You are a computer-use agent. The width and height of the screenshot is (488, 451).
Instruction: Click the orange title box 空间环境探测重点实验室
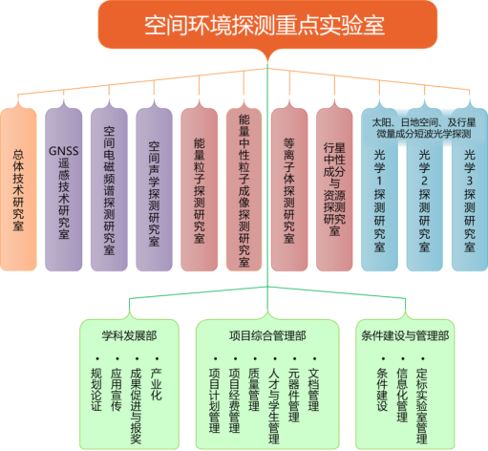point(267,25)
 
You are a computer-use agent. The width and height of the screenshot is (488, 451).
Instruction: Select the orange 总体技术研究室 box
point(18,189)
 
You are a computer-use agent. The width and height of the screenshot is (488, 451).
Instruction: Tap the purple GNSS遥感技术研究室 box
point(63,189)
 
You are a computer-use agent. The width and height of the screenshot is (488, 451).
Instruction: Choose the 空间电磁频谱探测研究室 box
point(109,189)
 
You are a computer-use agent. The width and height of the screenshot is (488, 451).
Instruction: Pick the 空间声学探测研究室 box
point(154,189)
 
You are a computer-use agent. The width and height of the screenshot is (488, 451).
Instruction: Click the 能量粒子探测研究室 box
point(200,189)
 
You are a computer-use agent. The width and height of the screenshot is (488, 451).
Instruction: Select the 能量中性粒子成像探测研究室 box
point(244,189)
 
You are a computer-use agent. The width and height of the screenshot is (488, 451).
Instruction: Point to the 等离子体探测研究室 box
point(289,189)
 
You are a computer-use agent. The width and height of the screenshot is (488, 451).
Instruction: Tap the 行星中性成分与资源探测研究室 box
point(334,189)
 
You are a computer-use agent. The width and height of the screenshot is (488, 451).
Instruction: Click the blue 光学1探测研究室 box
point(379,189)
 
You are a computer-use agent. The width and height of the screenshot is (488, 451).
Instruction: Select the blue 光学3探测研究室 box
point(470,189)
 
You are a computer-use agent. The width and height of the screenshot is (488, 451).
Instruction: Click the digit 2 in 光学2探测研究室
point(424,181)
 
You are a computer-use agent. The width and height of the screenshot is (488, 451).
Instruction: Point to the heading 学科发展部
point(129,335)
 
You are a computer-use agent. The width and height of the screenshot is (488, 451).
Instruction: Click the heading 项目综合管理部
point(267,335)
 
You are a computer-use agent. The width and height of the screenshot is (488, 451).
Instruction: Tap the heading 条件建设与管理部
point(405,335)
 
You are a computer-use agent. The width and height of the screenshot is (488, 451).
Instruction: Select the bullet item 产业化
point(157,384)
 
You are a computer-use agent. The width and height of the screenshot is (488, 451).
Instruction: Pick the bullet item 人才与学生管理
point(274,406)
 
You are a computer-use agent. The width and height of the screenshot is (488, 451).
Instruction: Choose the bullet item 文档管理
point(313,390)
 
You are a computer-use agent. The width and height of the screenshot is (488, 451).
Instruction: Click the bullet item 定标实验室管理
point(422,406)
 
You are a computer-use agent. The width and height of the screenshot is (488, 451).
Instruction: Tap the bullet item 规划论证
point(96,390)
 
